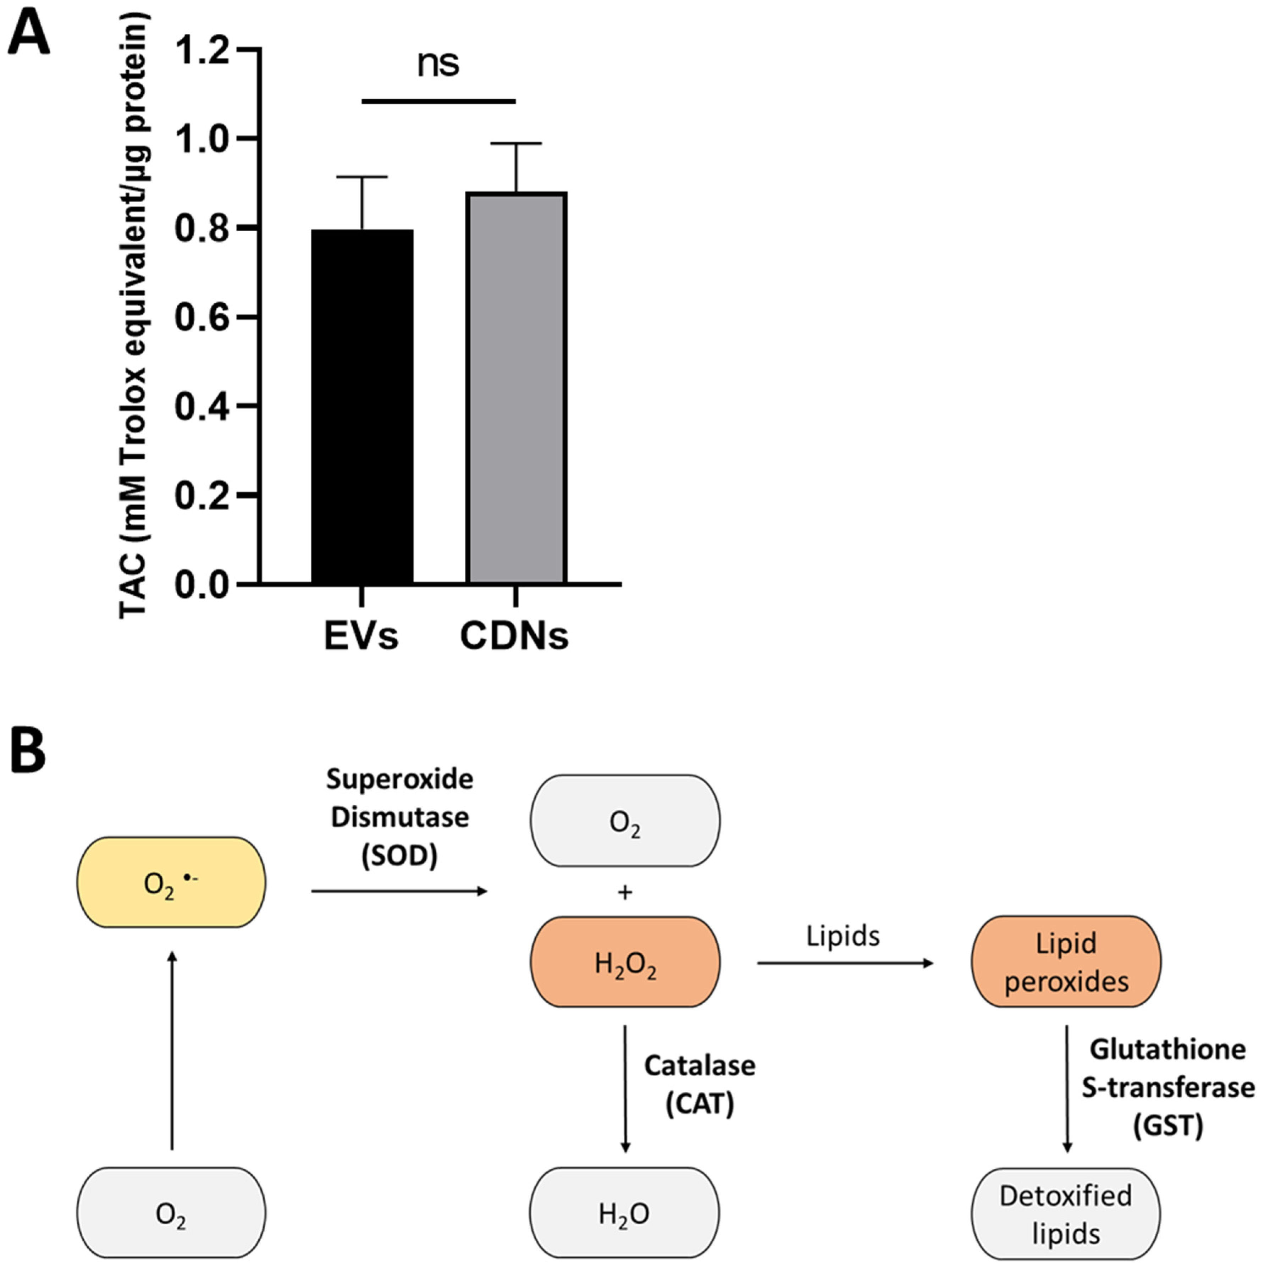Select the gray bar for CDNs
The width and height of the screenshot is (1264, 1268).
click(x=516, y=387)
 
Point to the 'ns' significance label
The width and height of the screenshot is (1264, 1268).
click(x=438, y=64)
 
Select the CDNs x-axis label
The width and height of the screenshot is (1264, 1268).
click(x=514, y=635)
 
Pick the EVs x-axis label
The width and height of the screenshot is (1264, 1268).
click(x=361, y=635)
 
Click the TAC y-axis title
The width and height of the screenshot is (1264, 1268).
click(x=134, y=315)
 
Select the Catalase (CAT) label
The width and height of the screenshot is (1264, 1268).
click(x=700, y=1084)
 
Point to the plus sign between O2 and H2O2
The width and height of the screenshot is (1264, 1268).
click(x=625, y=892)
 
